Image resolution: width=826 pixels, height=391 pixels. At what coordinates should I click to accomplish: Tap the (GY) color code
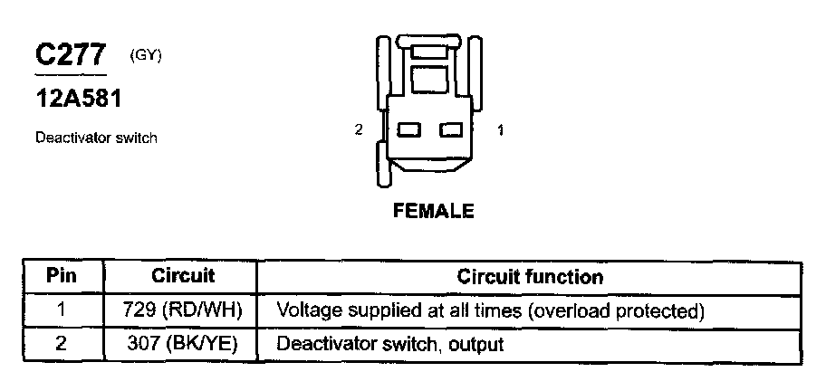[x=146, y=55]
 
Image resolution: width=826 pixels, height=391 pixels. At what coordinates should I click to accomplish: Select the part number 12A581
[x=78, y=99]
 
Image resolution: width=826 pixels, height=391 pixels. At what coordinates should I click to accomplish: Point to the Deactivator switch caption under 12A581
[x=97, y=138]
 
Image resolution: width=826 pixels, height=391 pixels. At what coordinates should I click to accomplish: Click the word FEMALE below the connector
[x=433, y=211]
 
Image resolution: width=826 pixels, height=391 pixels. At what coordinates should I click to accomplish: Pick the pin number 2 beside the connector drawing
[x=360, y=130]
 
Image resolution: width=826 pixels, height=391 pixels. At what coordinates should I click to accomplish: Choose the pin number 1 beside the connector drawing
[x=501, y=130]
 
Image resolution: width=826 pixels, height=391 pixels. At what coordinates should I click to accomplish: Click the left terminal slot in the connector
[x=410, y=131]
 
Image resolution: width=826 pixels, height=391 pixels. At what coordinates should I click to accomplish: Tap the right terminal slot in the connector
[x=451, y=131]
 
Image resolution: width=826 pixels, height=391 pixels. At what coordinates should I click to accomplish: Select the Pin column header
[x=62, y=276]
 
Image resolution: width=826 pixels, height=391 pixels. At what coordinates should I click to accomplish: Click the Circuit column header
[x=182, y=276]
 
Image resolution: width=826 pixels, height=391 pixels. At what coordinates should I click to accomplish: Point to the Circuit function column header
[x=530, y=276]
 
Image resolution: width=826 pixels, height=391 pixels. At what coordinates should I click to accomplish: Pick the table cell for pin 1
[x=62, y=310]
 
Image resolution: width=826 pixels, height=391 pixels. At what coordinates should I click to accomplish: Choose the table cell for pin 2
[x=62, y=344]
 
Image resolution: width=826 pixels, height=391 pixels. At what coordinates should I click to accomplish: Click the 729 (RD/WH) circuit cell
[x=182, y=310]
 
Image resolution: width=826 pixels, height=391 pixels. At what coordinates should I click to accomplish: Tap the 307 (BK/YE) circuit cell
[x=182, y=344]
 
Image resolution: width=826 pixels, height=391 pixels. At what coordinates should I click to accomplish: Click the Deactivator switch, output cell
[x=389, y=344]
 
